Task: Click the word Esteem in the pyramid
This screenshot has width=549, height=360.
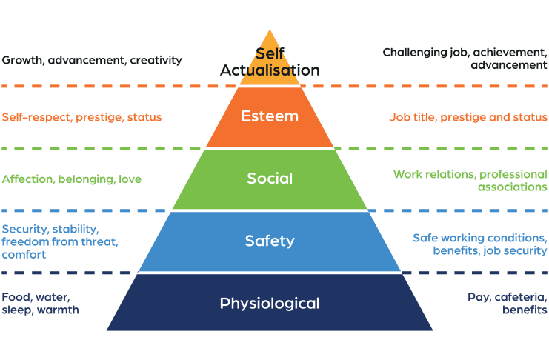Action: pyautogui.click(x=269, y=116)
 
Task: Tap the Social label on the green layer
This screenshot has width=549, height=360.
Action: pyautogui.click(x=270, y=179)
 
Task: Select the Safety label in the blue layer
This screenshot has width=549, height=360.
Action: pyautogui.click(x=270, y=241)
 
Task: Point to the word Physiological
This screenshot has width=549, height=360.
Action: pyautogui.click(x=270, y=303)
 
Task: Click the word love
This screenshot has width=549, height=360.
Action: pyautogui.click(x=129, y=179)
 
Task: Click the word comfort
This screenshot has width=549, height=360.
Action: pyautogui.click(x=24, y=255)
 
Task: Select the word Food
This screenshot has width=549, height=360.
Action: pyautogui.click(x=16, y=297)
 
